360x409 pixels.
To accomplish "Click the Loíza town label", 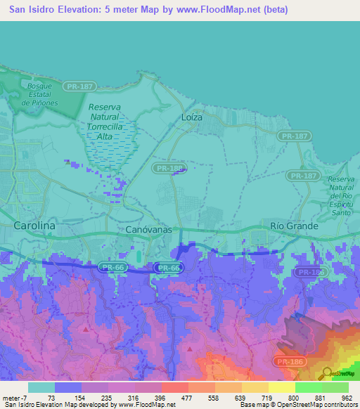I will [x=191, y=117].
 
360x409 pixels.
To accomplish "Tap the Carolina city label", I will [x=34, y=226].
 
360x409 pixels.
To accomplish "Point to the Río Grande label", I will [x=294, y=226].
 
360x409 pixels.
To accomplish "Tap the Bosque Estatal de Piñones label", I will [x=40, y=94].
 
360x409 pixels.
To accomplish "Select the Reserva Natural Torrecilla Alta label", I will [x=105, y=121].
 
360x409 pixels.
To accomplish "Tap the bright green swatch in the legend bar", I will [x=308, y=387].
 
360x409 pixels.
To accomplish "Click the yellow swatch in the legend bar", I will [x=281, y=387].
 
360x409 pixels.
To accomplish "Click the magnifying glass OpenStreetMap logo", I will [x=327, y=372].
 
